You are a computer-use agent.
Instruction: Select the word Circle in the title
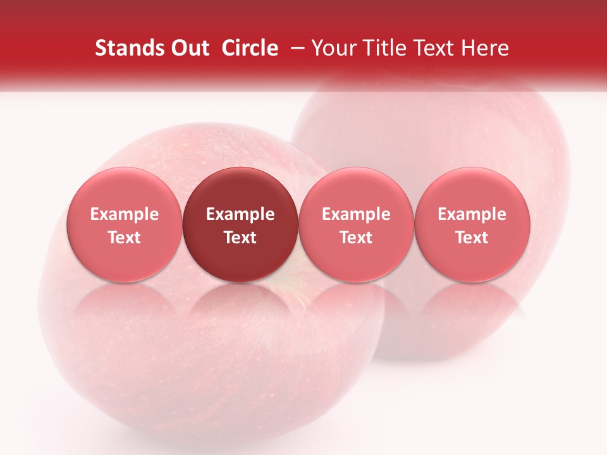click(x=250, y=48)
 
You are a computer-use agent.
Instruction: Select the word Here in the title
click(x=485, y=48)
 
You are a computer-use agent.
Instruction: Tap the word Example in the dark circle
click(x=240, y=214)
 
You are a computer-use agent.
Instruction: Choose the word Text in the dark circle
click(x=240, y=238)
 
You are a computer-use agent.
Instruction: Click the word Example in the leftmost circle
click(x=125, y=214)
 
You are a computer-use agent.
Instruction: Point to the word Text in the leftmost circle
click(x=125, y=238)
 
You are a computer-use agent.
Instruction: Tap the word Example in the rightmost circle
click(x=472, y=214)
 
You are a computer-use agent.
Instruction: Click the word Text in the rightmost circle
click(x=472, y=238)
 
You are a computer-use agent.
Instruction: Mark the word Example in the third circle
click(x=356, y=214)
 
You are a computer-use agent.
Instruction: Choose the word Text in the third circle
click(x=356, y=238)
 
